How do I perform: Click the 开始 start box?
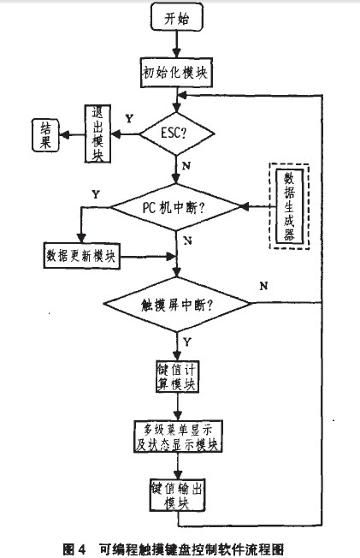click(x=177, y=17)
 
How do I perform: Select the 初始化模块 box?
click(x=176, y=73)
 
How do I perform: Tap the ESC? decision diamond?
click(x=177, y=134)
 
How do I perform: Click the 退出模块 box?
click(x=97, y=134)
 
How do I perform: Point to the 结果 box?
click(x=45, y=135)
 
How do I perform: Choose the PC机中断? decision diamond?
click(x=176, y=207)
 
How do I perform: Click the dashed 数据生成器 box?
click(x=289, y=207)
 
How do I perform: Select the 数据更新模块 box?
click(x=81, y=256)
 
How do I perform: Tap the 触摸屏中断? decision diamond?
click(x=177, y=305)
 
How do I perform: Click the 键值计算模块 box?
click(x=177, y=377)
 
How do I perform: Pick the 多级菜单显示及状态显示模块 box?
click(x=178, y=436)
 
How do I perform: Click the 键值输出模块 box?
click(x=177, y=495)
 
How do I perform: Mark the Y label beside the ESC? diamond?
click(x=129, y=118)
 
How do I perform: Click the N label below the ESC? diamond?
click(x=186, y=166)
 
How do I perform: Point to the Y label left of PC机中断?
click(x=96, y=194)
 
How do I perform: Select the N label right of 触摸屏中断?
click(x=263, y=286)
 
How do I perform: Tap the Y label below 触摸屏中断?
click(x=187, y=342)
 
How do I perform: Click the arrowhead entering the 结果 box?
click(x=63, y=134)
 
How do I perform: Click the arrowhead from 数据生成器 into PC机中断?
click(x=245, y=206)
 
